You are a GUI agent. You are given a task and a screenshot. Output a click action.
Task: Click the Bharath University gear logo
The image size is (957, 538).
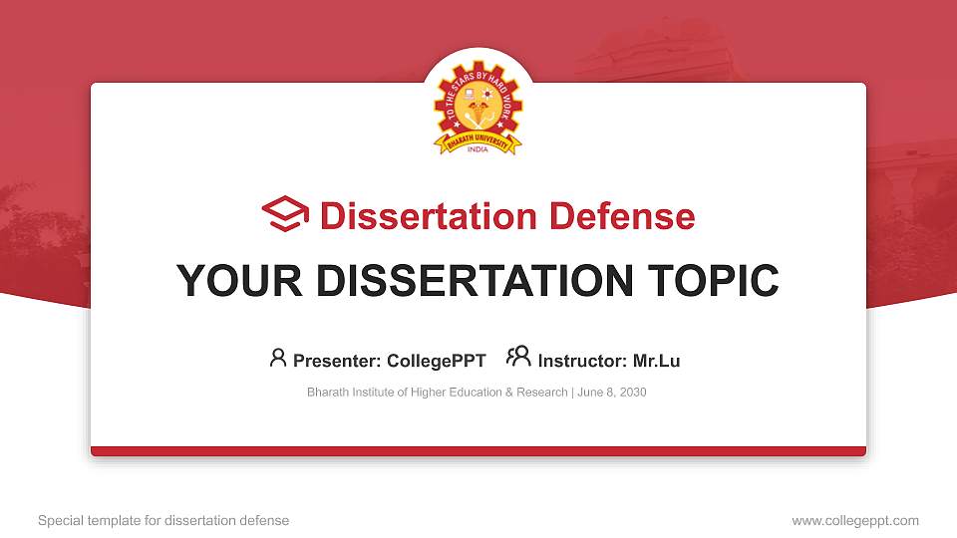point(478,110)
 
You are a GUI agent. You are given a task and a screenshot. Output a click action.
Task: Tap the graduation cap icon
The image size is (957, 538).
point(285,214)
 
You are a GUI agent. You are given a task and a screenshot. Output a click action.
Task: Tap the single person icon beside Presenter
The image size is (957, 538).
point(278,358)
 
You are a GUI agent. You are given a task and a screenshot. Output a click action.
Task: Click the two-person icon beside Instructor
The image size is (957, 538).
point(518,357)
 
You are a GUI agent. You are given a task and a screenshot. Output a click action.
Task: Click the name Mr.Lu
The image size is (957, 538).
point(656,361)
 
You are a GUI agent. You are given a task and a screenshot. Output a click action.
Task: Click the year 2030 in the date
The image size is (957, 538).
point(631,393)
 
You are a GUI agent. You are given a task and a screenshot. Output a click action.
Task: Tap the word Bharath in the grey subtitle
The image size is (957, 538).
point(328,393)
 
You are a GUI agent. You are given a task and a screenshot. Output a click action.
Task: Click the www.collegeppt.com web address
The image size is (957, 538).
point(855,520)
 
